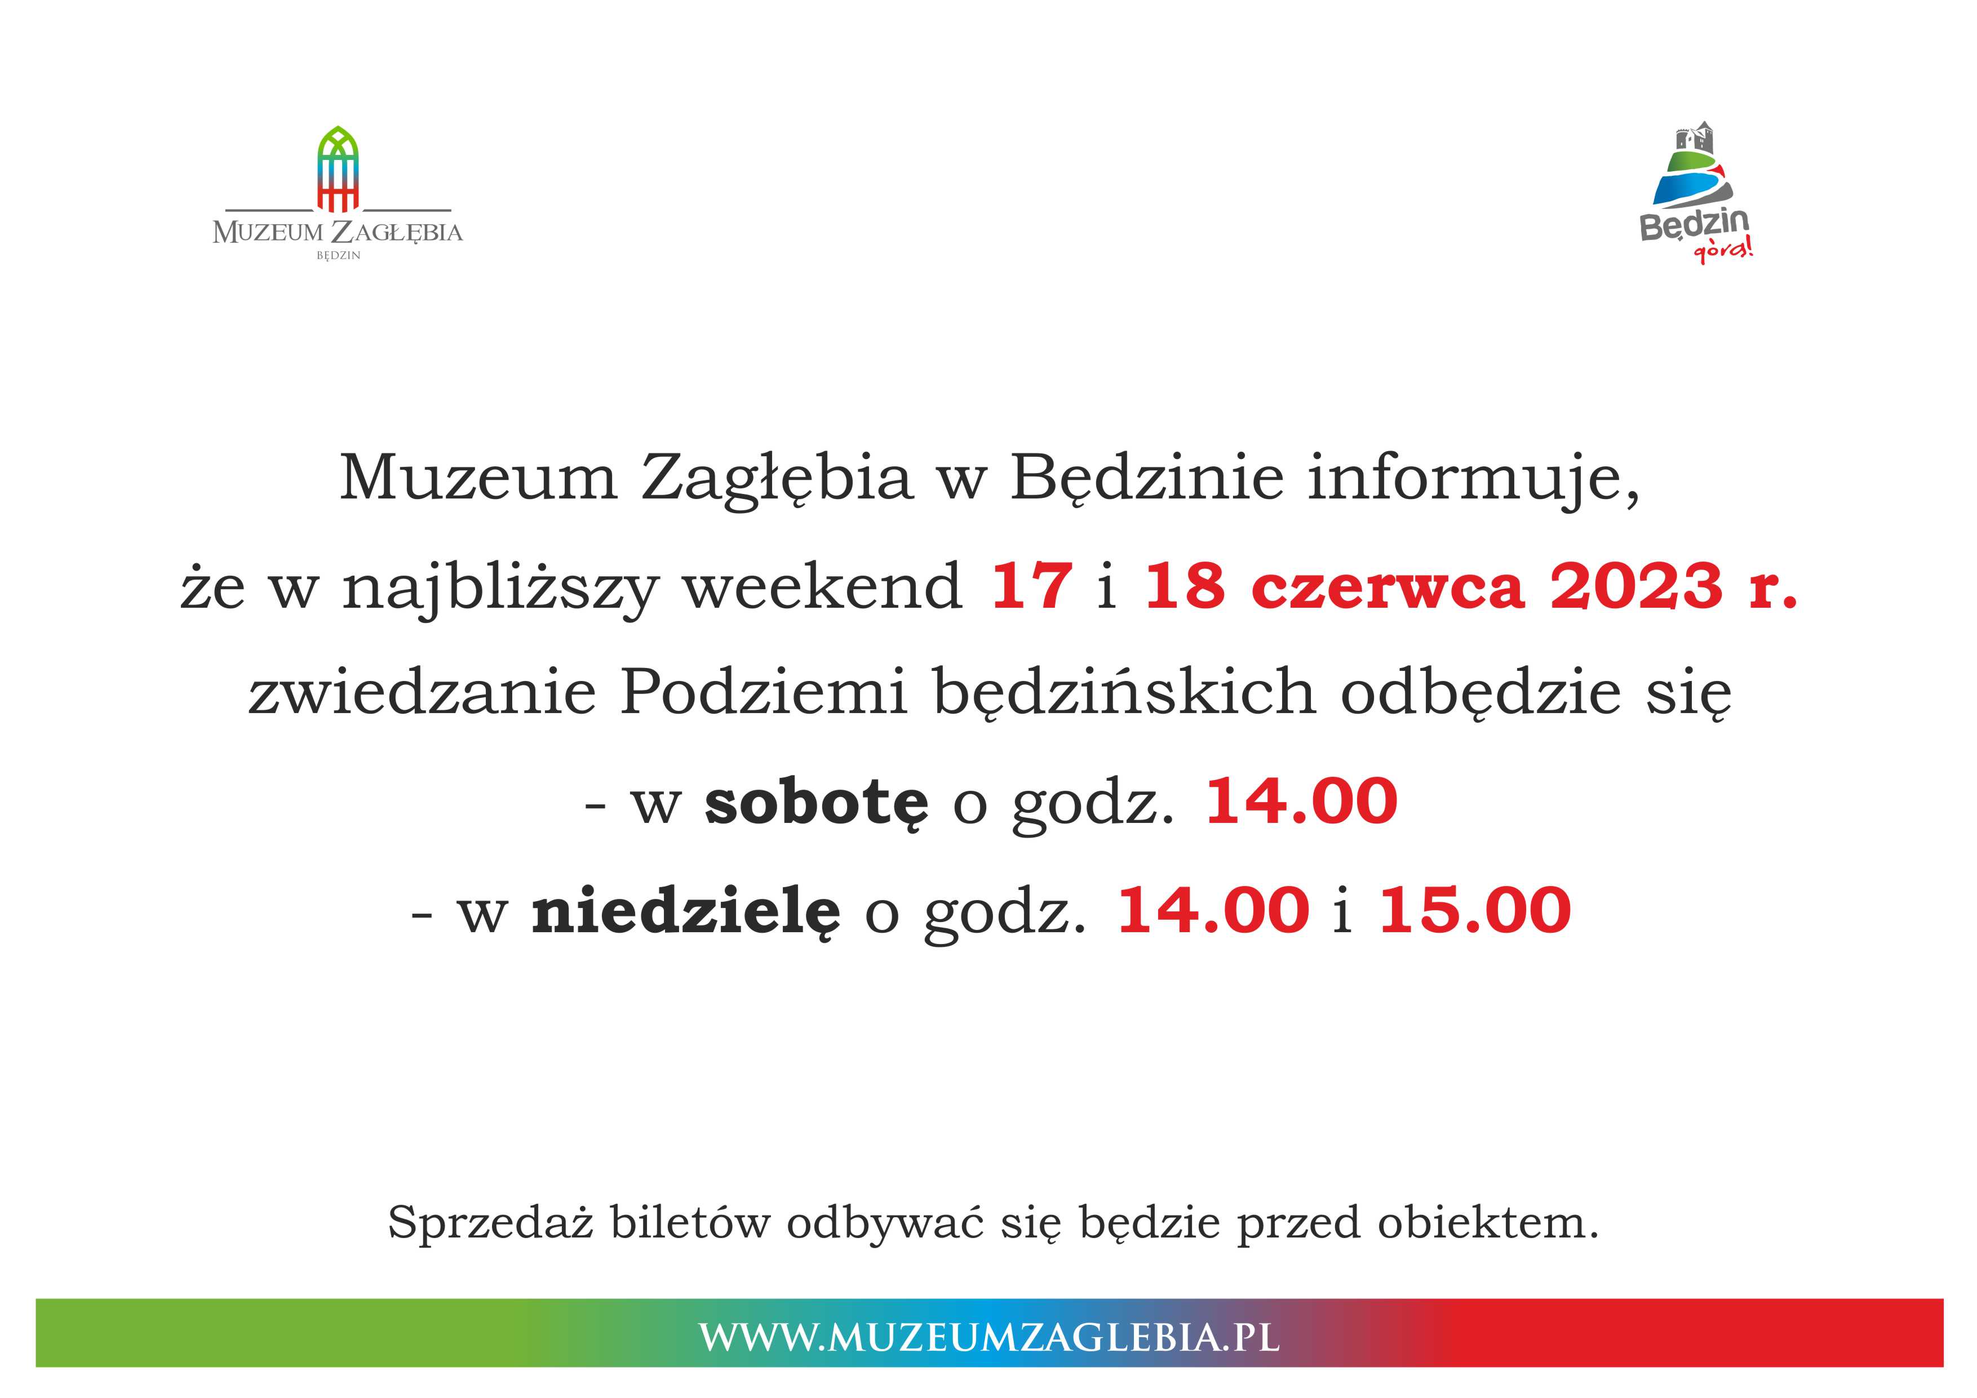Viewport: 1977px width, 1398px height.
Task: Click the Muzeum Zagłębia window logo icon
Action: tap(338, 169)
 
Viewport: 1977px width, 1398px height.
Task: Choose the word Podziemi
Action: tap(764, 693)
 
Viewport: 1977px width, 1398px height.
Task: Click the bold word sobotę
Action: tap(816, 802)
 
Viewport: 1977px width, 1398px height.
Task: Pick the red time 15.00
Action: tap(1475, 911)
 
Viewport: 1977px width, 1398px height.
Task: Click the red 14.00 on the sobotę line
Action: tap(1301, 802)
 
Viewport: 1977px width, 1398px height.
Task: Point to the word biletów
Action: tap(690, 1222)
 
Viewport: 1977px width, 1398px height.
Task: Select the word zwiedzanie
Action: tap(422, 693)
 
